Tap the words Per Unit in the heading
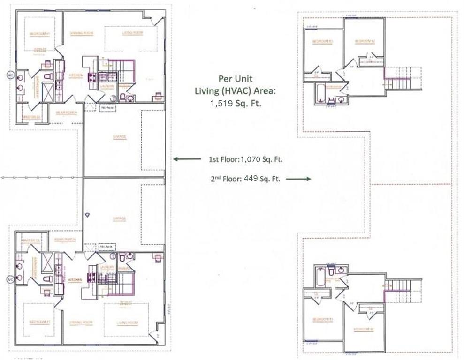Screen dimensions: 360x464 pos(235,79)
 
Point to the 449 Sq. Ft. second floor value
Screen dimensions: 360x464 pos(262,179)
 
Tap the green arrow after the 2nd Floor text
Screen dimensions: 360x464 pos(298,179)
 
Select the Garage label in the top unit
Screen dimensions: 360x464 pos(120,137)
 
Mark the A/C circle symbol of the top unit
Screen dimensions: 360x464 pos(9,75)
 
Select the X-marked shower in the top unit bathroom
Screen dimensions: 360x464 pos(48,92)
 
